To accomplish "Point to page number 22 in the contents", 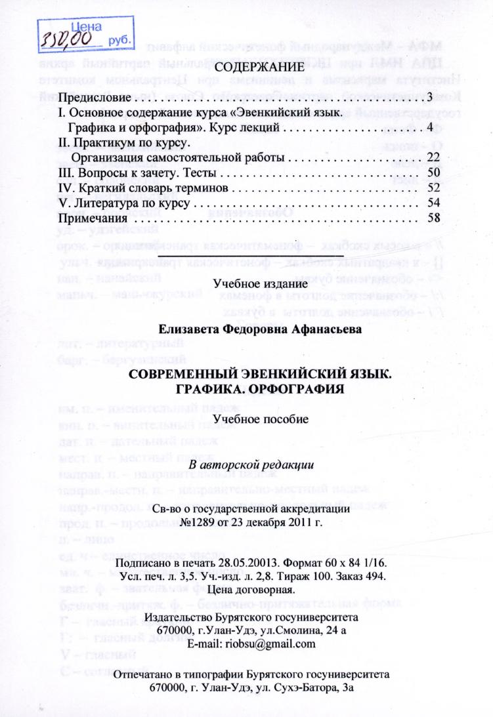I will (x=432, y=158).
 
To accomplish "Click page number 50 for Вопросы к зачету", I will (x=432, y=173).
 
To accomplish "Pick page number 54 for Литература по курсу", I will (x=432, y=203).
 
